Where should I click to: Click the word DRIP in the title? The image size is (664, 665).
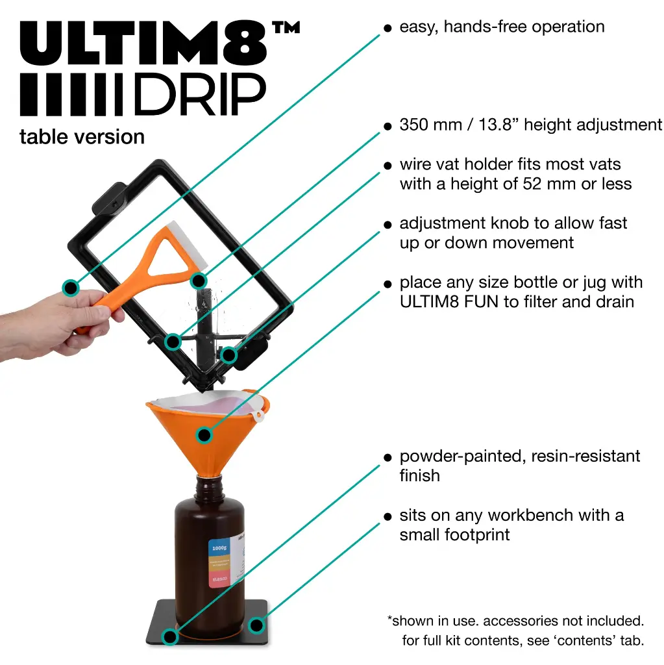(x=199, y=95)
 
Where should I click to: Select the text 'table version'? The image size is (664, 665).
(x=82, y=137)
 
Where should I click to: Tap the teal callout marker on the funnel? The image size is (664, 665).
(x=204, y=434)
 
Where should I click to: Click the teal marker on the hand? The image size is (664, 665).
(x=70, y=286)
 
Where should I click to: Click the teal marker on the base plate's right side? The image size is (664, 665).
(x=257, y=625)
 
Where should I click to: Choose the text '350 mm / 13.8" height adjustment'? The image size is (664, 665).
(x=531, y=125)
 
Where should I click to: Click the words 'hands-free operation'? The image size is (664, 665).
(x=524, y=27)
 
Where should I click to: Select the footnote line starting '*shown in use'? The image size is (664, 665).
(x=515, y=621)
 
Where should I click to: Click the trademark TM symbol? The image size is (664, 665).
(x=286, y=29)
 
